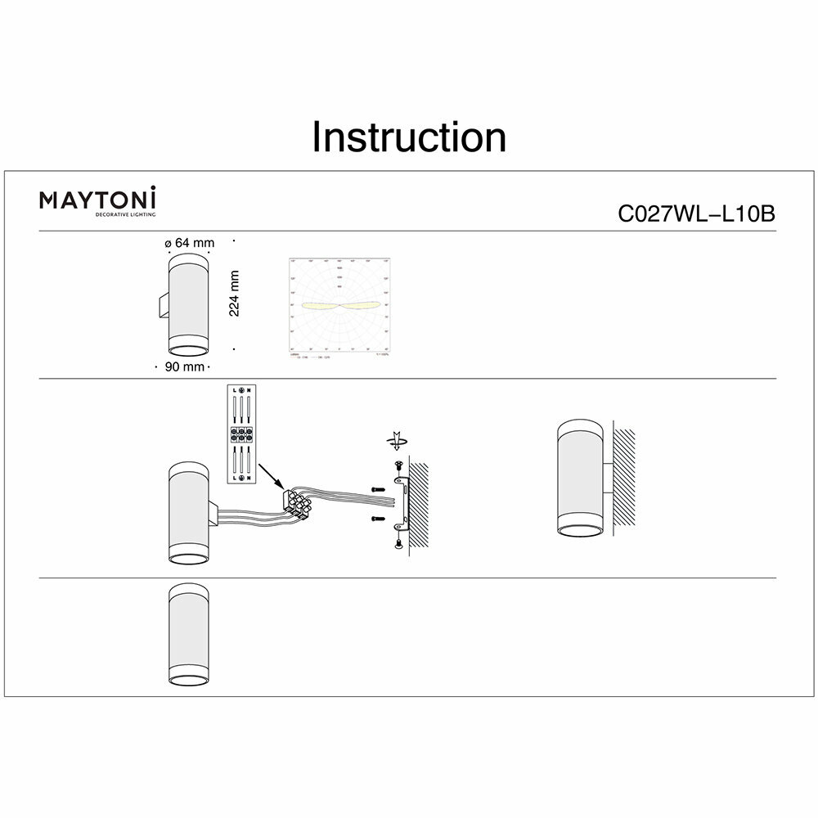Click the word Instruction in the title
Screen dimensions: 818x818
coord(409,137)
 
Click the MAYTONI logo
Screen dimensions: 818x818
coord(98,200)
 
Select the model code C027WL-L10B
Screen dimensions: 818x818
coord(695,214)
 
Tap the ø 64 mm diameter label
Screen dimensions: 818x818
coord(189,243)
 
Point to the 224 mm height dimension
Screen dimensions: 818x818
coord(234,294)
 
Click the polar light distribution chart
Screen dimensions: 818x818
coord(339,308)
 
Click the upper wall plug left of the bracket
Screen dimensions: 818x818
coord(377,489)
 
